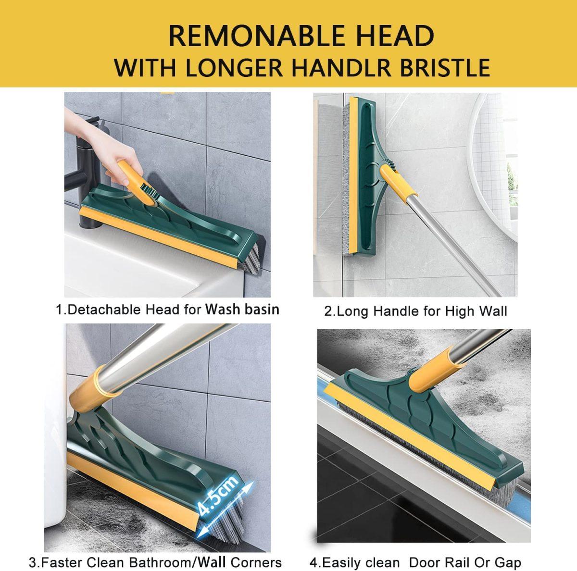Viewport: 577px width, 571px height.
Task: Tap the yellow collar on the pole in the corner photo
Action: (99, 385)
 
